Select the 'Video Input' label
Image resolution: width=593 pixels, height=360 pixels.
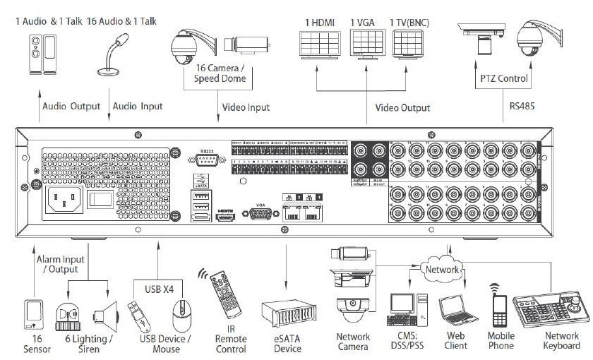click(x=246, y=107)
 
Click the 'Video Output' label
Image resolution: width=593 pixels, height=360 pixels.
click(x=402, y=107)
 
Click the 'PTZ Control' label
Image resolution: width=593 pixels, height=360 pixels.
click(x=503, y=79)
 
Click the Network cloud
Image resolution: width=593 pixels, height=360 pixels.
click(x=441, y=269)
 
